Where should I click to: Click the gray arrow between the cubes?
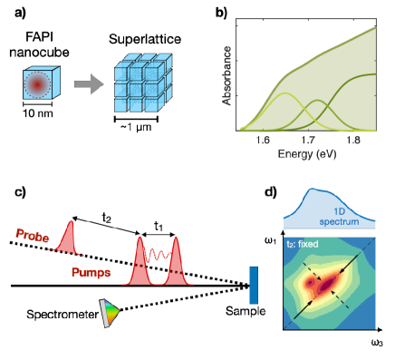(x=88, y=84)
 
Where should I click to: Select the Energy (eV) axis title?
(x=307, y=155)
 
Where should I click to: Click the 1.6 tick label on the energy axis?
(x=263, y=141)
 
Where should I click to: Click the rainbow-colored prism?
(x=110, y=314)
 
